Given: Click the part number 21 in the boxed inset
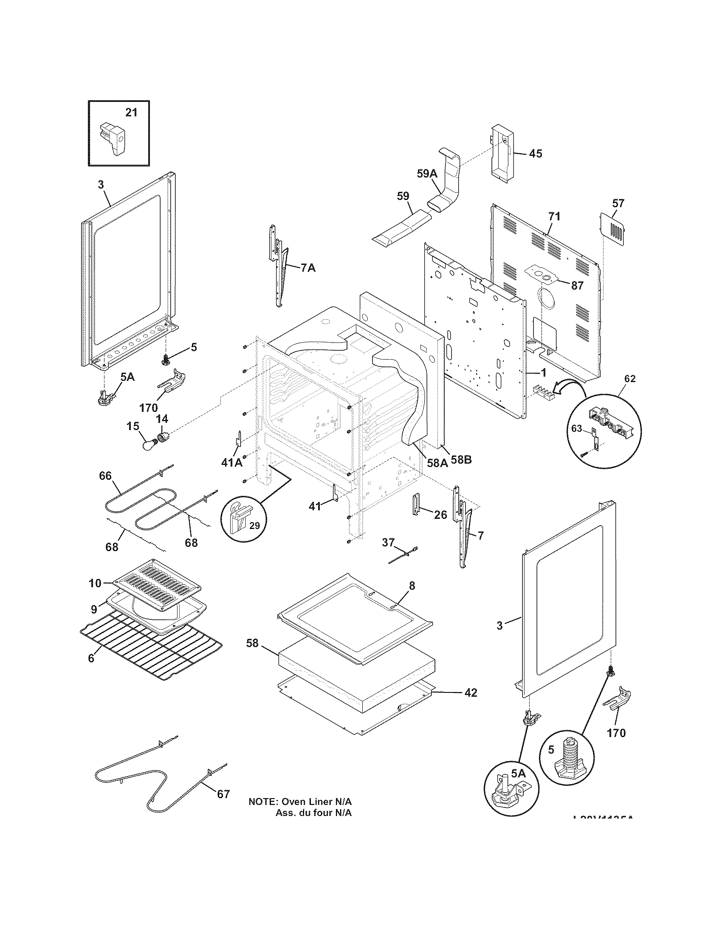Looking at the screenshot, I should point(131,113).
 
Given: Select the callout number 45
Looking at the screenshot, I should point(535,154).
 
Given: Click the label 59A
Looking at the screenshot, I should point(427,173).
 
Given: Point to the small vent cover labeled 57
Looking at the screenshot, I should point(614,231).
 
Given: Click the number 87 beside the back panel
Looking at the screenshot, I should point(577,286).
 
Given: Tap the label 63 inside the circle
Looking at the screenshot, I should point(577,428).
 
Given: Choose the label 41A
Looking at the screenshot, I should point(231,462).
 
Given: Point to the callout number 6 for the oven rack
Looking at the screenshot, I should point(91,658).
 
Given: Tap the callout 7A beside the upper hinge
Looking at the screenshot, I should point(308,268).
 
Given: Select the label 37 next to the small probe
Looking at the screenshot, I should point(388,542).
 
